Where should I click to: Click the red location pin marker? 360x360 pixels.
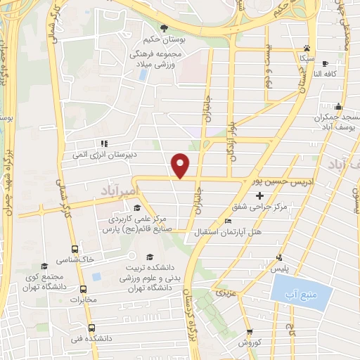tap(181, 165)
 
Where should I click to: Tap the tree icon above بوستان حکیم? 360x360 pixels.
tap(164, 28)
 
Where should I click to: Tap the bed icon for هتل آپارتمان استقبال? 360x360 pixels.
tap(226, 221)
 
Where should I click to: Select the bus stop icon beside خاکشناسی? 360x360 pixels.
tap(75, 249)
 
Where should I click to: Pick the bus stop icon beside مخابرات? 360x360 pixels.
tap(83, 289)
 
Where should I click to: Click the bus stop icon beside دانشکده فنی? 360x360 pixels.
tap(91, 328)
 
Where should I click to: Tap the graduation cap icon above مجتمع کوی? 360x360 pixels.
tap(45, 266)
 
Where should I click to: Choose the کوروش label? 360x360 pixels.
tap(250, 342)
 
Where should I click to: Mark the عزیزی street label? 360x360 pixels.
tap(226, 292)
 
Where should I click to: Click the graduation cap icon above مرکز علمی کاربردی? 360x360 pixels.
tap(136, 207)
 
